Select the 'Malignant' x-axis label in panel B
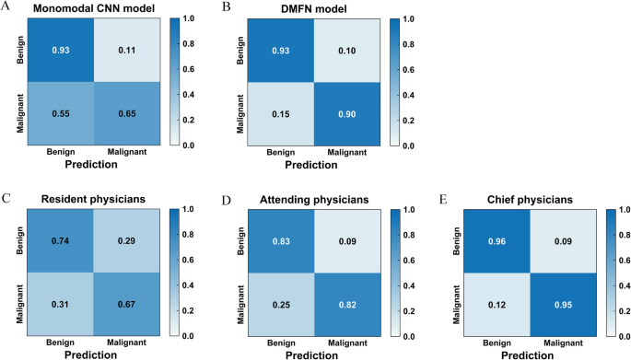coord(338,150)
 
